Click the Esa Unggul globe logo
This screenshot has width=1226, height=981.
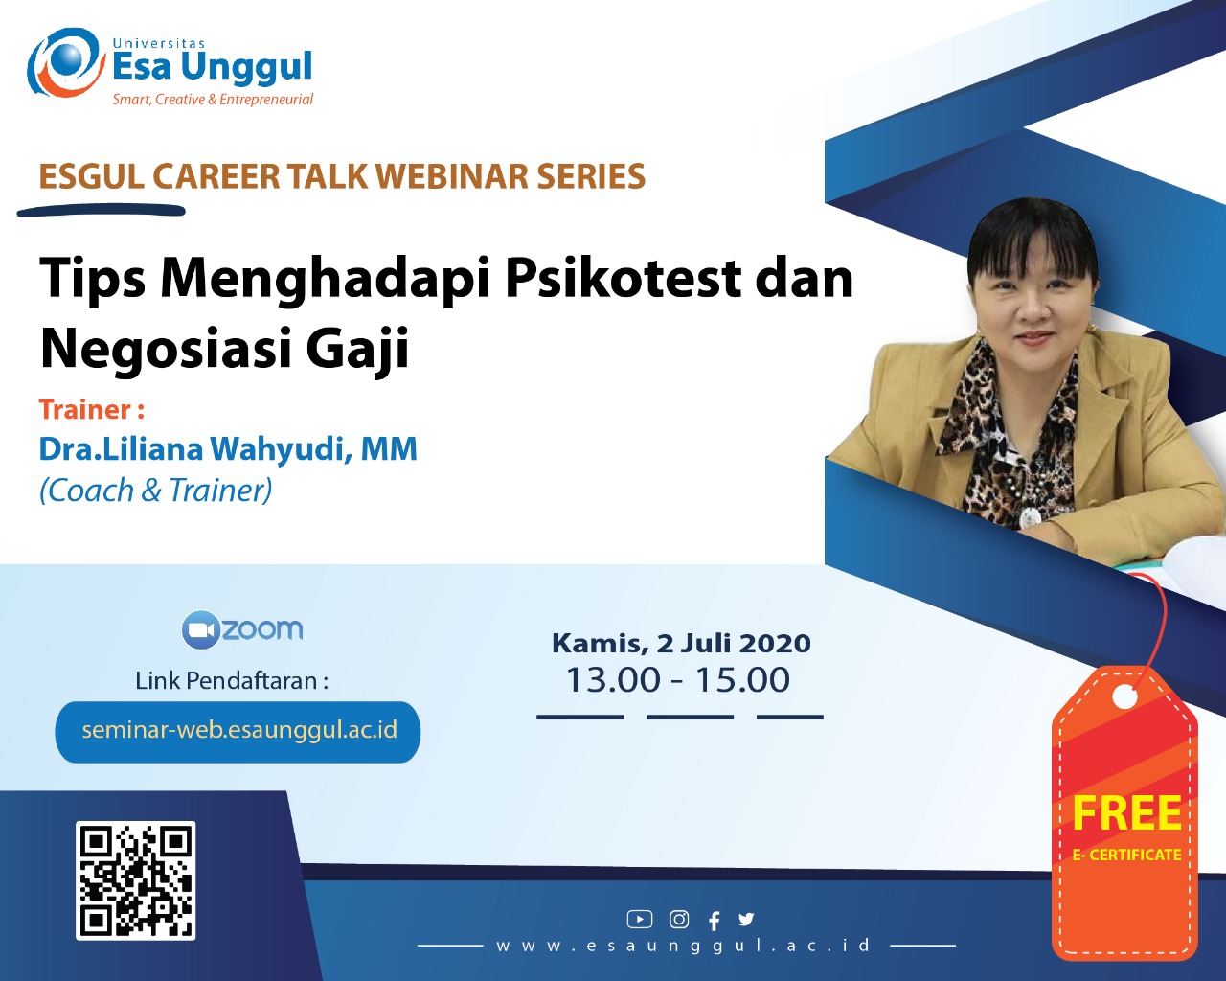[66, 62]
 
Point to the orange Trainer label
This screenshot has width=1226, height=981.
[91, 409]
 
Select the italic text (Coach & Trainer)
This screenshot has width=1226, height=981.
[155, 490]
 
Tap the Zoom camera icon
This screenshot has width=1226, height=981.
[200, 629]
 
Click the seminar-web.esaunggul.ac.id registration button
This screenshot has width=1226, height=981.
[238, 732]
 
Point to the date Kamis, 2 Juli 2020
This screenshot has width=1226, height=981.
[681, 644]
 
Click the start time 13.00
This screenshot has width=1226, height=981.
[613, 679]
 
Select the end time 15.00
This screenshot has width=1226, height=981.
[742, 679]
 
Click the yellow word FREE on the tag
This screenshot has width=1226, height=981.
[1126, 812]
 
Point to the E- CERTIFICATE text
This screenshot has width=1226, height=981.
[1126, 855]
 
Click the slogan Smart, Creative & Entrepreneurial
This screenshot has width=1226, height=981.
[213, 100]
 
